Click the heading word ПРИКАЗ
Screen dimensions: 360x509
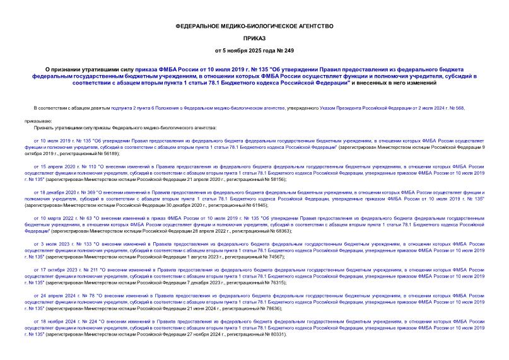(x=254, y=37)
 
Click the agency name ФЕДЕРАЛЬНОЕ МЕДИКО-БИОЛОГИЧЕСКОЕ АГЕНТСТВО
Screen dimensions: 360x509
(x=254, y=25)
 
